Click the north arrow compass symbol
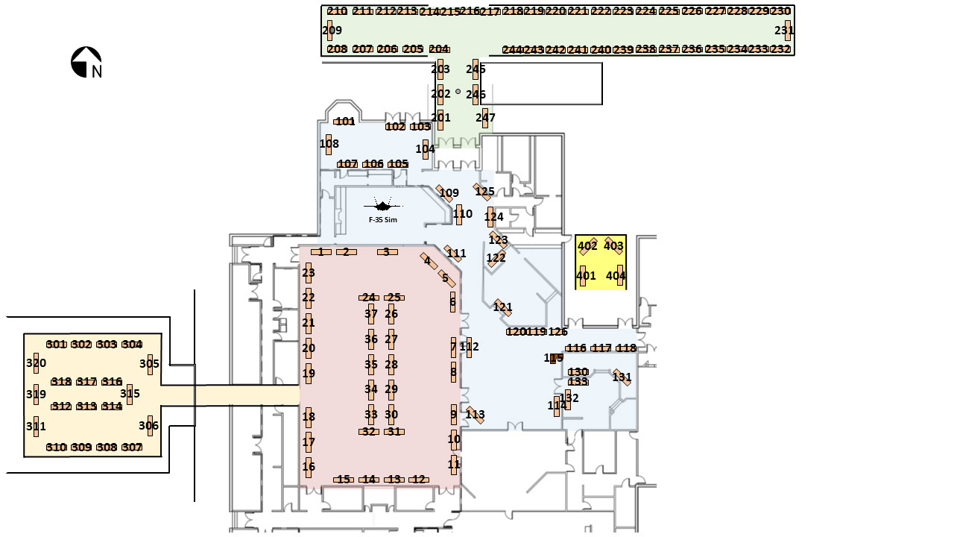(x=86, y=63)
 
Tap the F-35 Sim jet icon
(x=383, y=206)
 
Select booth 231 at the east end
(x=786, y=31)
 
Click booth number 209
(x=330, y=31)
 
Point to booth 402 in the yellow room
(x=588, y=246)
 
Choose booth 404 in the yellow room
(x=619, y=275)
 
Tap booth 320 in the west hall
(x=36, y=363)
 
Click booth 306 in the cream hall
(x=150, y=426)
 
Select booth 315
(x=130, y=394)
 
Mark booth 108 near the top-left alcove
(x=329, y=144)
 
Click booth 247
(x=485, y=118)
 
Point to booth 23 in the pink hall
(x=309, y=273)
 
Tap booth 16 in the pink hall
(x=309, y=467)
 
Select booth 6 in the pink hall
(x=452, y=301)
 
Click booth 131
(x=622, y=377)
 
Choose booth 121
(x=503, y=307)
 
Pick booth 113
(x=475, y=415)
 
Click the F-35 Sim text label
(x=383, y=220)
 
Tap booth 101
(x=345, y=122)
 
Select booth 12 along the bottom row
(x=419, y=480)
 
